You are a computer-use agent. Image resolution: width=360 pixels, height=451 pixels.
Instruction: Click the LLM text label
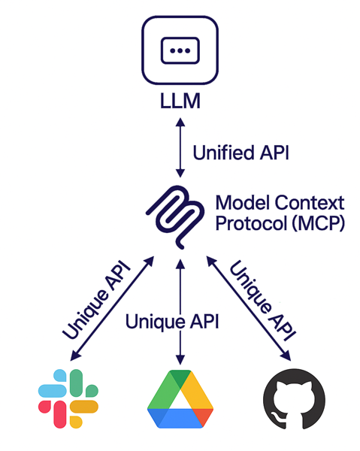pyautogui.click(x=180, y=101)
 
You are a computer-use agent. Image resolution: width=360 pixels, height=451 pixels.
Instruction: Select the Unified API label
pyautogui.click(x=241, y=153)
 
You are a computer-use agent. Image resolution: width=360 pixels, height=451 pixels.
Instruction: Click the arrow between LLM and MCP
pyautogui.click(x=180, y=147)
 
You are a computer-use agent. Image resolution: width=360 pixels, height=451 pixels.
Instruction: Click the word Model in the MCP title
pyautogui.click(x=244, y=203)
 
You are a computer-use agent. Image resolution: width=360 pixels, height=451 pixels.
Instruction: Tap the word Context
pyautogui.click(x=310, y=203)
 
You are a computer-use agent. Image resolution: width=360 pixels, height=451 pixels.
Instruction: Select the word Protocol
pyautogui.click(x=252, y=223)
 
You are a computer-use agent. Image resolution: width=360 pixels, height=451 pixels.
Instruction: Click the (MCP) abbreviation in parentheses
pyautogui.click(x=319, y=223)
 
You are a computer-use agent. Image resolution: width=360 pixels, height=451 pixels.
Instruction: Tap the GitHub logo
pyautogui.click(x=294, y=399)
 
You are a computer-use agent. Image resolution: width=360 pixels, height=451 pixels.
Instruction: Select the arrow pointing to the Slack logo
pyautogui.click(x=112, y=308)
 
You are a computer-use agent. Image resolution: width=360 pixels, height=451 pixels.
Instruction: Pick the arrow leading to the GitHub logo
pyautogui.click(x=249, y=308)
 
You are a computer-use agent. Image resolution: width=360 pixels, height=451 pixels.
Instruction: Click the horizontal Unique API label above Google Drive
pyautogui.click(x=172, y=322)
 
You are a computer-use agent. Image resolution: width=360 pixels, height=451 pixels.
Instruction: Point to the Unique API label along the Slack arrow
pyautogui.click(x=96, y=299)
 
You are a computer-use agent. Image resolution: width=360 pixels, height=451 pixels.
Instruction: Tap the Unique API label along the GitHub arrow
pyautogui.click(x=262, y=301)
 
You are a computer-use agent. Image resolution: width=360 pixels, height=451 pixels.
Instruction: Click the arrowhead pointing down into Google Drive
pyautogui.click(x=180, y=360)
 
